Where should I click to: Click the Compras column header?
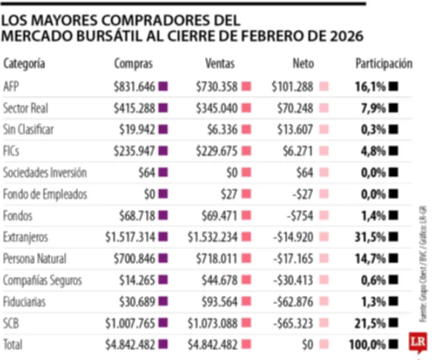click(133, 64)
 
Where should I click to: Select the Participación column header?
click(383, 64)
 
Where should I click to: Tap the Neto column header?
click(303, 64)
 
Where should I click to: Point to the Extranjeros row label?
click(25, 237)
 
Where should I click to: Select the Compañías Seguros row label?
click(43, 280)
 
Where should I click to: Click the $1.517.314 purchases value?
click(130, 237)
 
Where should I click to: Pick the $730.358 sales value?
click(217, 86)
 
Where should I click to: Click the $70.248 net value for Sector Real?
click(296, 108)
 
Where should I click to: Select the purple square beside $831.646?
click(163, 86)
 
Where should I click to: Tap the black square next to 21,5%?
click(394, 323)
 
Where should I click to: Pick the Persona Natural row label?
click(35, 258)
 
